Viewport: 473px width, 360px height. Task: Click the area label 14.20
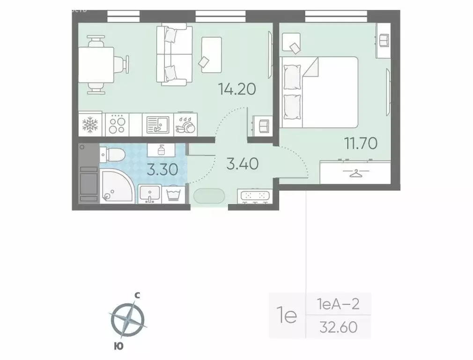(237, 89)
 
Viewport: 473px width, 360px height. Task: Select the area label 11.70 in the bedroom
(361, 143)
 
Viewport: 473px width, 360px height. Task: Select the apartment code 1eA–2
(338, 305)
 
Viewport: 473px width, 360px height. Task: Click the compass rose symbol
(127, 319)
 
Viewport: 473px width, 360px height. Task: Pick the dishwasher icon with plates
(186, 125)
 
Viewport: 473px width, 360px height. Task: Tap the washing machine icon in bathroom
(174, 194)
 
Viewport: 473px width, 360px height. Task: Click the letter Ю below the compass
(119, 346)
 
